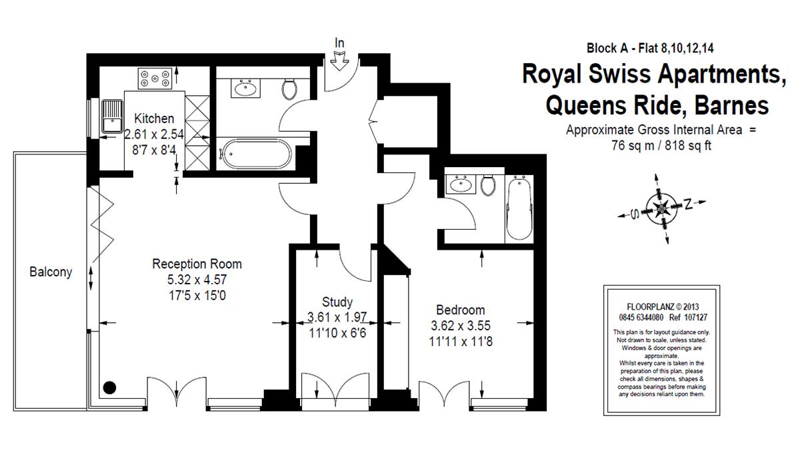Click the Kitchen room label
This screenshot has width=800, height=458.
pos(154,118)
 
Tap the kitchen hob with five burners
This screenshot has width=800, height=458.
pos(155,79)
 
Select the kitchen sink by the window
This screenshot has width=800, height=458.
pos(112,116)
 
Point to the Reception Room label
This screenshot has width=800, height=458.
pos(197,264)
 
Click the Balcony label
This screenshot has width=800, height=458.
pos(51,272)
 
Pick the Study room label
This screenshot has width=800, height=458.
pos(337,302)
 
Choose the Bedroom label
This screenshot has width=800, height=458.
pos(461,310)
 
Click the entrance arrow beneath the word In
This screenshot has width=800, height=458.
pos(339,61)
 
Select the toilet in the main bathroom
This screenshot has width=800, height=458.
pos(289,89)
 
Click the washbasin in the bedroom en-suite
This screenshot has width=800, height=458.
pos(461,184)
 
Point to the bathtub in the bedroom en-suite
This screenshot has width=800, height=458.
pos(519,208)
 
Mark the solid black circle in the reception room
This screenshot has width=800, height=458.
pos(109,387)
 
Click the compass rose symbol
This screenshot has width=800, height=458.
pos(662,208)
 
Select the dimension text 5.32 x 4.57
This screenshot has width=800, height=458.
pos(197,280)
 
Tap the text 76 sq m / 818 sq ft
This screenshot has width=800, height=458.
pos(661,146)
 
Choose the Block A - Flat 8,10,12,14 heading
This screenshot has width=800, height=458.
pos(650,48)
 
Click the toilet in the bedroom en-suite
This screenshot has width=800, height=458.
pos(488,185)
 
